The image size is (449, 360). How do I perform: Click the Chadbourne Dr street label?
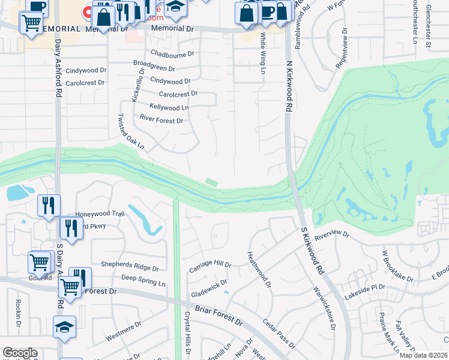pyautogui.click(x=172, y=54)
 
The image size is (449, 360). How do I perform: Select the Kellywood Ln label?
pyautogui.click(x=168, y=107)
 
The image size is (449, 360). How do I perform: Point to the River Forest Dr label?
pyautogui.click(x=161, y=121)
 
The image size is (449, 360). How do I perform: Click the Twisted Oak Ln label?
pyautogui.click(x=131, y=131)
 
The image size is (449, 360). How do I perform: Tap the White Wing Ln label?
pyautogui.click(x=262, y=53)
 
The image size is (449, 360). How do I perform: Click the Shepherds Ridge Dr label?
pyautogui.click(x=130, y=269)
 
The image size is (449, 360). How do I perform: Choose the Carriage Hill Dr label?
pyautogui.click(x=210, y=264)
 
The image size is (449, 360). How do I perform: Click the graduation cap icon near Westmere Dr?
pyautogui.click(x=65, y=327)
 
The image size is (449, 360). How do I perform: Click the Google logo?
pyautogui.click(x=20, y=353)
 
